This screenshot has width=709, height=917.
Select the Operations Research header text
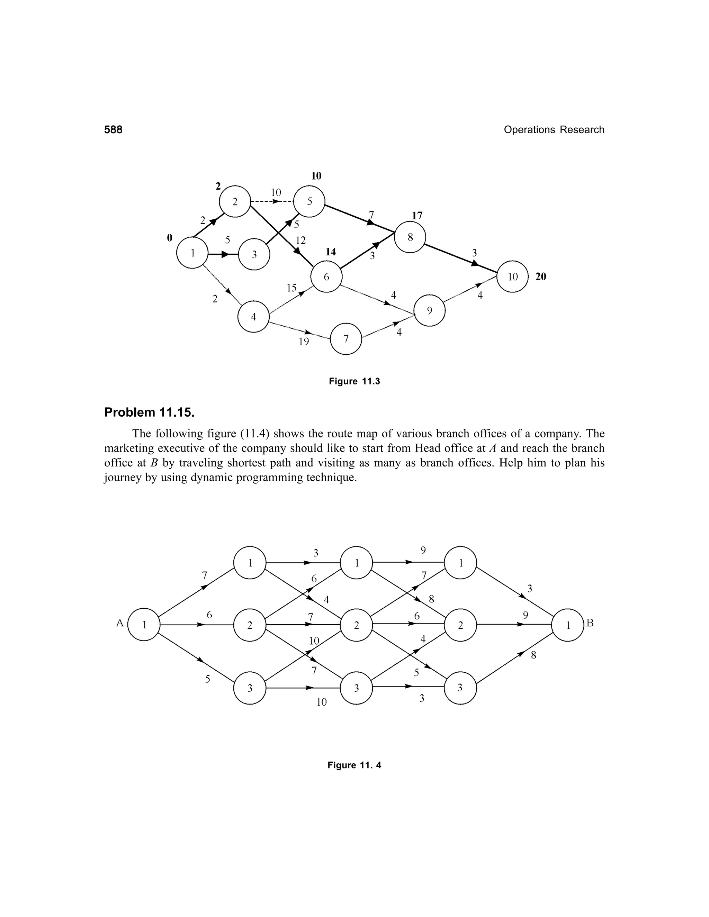tap(554, 130)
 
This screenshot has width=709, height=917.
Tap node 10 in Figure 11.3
tap(512, 277)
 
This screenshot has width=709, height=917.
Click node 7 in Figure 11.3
tap(346, 339)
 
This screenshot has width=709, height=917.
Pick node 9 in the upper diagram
tap(429, 311)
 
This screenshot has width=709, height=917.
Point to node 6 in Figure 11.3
tap(326, 277)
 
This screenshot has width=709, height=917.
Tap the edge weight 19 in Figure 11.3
tap(304, 342)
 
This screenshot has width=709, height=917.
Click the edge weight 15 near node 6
tap(291, 288)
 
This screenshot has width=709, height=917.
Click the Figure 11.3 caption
tap(354, 381)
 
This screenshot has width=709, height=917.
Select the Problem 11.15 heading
tap(149, 412)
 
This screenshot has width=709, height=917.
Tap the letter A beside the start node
tap(120, 623)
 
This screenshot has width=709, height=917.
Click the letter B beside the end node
tap(590, 623)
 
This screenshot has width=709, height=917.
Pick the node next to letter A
tap(144, 625)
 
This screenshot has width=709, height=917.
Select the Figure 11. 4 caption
tap(354, 765)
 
